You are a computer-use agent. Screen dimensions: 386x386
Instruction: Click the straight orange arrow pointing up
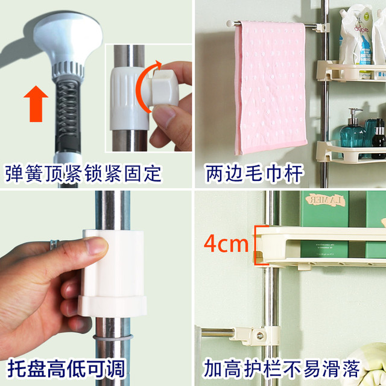36,104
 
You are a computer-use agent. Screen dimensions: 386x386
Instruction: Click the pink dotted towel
271,87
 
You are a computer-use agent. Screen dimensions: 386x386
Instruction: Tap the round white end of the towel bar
230,24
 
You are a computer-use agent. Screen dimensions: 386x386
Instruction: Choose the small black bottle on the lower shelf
378,140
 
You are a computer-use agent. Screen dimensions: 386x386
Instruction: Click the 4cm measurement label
226,244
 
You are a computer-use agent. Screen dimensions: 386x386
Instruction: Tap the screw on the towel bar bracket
260,335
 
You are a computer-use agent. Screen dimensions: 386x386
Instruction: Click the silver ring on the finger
54,244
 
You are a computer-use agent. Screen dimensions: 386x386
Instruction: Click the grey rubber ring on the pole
113,337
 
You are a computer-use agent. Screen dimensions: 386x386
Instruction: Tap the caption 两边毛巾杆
254,174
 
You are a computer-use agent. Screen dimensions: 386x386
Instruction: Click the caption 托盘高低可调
66,368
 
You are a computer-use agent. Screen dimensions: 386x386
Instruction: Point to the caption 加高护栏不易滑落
282,369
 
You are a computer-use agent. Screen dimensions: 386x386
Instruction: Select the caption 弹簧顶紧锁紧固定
83,174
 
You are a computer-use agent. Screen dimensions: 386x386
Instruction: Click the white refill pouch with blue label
356,36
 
